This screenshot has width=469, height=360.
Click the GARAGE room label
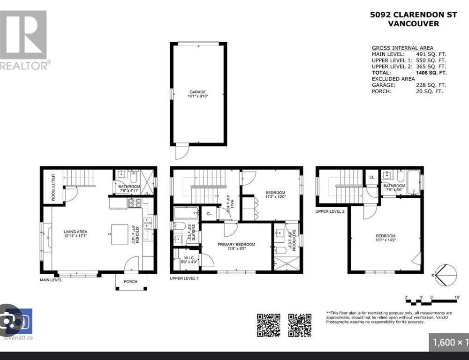pyautogui.click(x=197, y=92)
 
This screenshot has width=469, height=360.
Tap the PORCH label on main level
pyautogui.click(x=131, y=282)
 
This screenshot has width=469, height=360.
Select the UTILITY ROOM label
pyautogui.click(x=53, y=187)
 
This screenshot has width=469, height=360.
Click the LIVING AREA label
pyautogui.click(x=76, y=232)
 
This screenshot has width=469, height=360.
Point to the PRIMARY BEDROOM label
pyautogui.click(x=236, y=244)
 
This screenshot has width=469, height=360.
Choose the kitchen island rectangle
pyautogui.click(x=120, y=233)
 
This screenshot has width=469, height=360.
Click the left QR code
pyautogui.click(x=268, y=325)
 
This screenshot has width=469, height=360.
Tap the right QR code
pyautogui.click(x=300, y=325)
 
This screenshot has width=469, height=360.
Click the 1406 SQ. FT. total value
pyautogui.click(x=431, y=73)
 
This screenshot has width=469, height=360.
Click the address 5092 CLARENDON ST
pyautogui.click(x=413, y=15)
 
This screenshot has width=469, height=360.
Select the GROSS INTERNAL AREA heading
pyautogui.click(x=402, y=48)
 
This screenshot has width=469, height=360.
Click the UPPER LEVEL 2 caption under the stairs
pyautogui.click(x=331, y=211)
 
